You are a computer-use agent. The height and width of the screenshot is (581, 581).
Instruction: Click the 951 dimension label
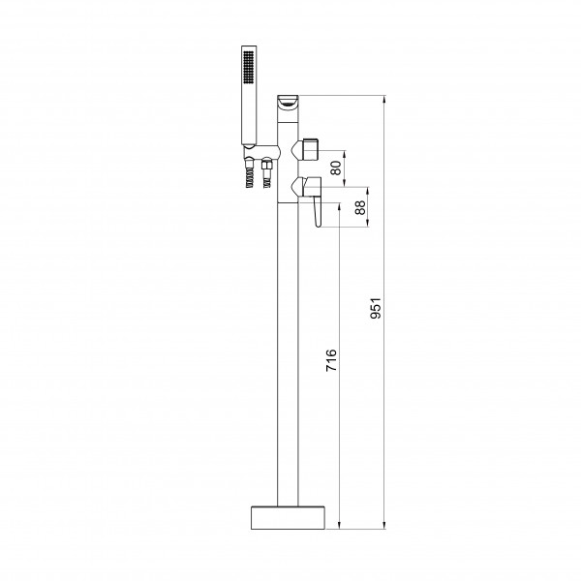pos(376,308)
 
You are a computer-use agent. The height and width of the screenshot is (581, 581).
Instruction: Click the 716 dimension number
pos(331,360)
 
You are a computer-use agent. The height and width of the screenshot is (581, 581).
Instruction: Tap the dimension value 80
pos(336,168)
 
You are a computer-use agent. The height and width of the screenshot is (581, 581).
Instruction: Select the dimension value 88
pos(360,207)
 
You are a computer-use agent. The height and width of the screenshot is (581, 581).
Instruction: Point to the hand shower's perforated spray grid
pos(248,67)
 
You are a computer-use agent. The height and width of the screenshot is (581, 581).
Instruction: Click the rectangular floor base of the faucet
pos(288,517)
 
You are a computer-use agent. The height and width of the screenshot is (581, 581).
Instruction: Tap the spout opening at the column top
pos(288,102)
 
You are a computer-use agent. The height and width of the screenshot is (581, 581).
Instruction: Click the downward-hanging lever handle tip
pos(318,224)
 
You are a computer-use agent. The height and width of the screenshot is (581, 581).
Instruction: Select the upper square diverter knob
pos(310,149)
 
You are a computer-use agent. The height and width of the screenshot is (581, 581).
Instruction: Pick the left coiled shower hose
pos(250,177)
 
